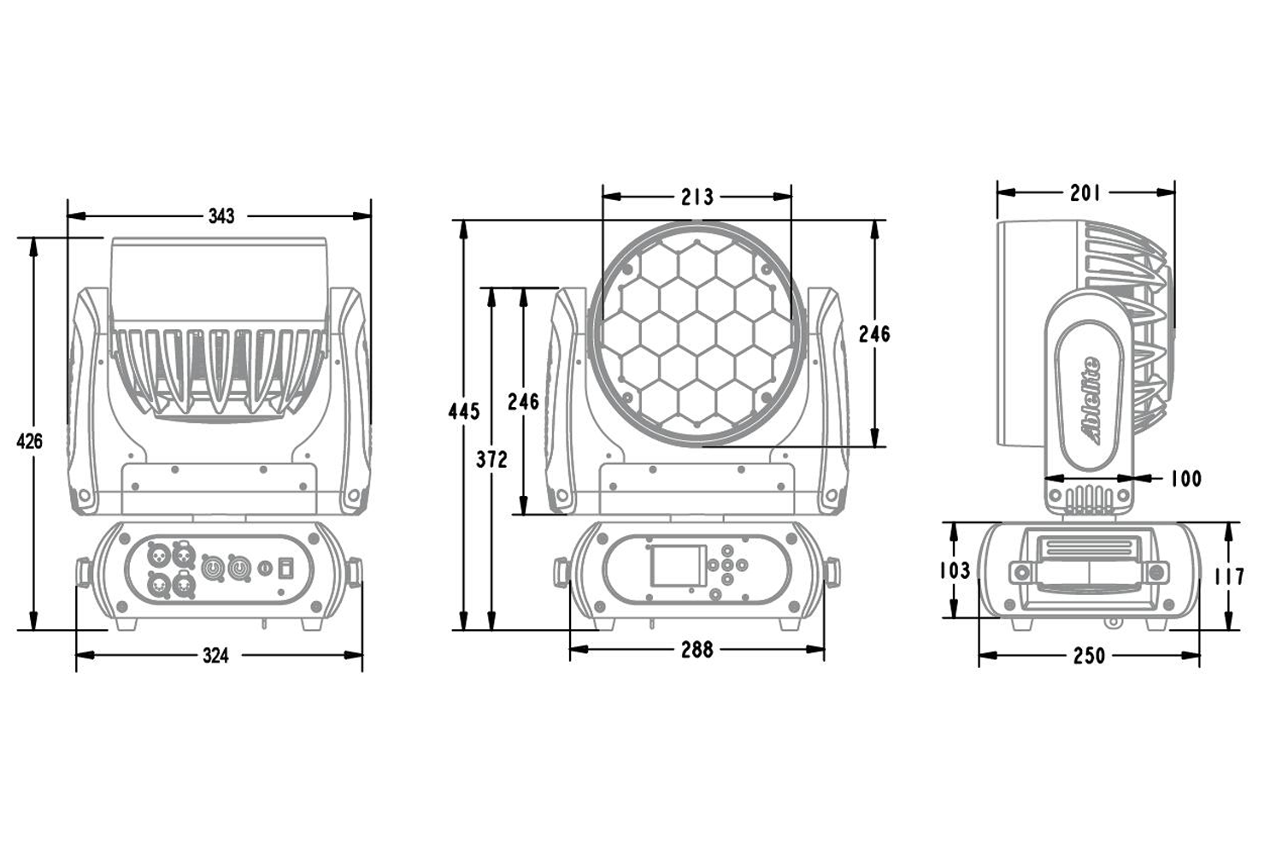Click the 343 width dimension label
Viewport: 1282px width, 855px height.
[x=221, y=216]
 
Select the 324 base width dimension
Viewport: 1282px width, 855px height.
[x=215, y=656]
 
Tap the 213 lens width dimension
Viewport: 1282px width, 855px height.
[x=697, y=198]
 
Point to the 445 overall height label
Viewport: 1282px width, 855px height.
[x=464, y=411]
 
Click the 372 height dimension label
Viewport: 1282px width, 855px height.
[x=491, y=460]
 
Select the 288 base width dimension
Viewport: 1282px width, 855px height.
[x=697, y=651]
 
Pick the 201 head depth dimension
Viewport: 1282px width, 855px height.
[x=1085, y=193]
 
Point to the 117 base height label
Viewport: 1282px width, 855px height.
[x=1228, y=577]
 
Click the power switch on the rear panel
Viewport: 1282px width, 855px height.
[x=288, y=565]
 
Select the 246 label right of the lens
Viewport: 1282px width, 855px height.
[x=874, y=334]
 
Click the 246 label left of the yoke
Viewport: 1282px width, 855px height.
[x=522, y=401]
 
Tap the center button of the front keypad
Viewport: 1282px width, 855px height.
[x=726, y=565]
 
